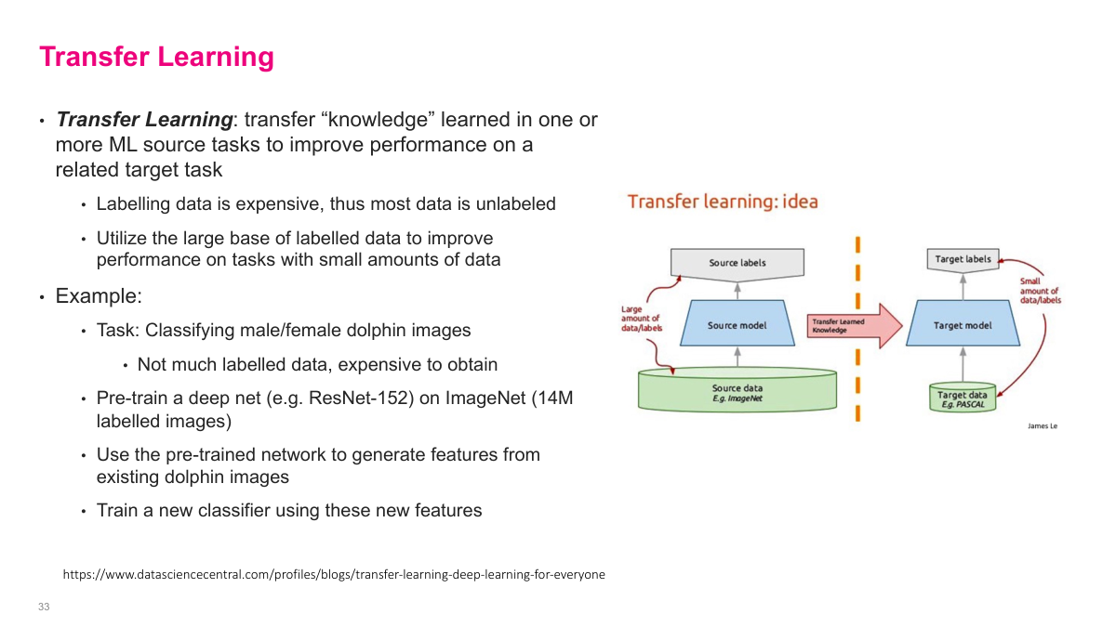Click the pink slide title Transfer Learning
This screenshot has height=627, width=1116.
(156, 57)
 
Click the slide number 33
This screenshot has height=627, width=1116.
(44, 607)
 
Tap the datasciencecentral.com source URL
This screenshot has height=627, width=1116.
(334, 574)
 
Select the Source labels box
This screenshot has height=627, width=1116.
(737, 263)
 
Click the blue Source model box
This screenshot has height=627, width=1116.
(737, 325)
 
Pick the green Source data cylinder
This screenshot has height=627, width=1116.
(737, 391)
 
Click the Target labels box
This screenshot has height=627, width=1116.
(963, 259)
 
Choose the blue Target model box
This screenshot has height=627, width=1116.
(963, 325)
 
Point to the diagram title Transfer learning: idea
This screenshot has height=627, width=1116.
(723, 202)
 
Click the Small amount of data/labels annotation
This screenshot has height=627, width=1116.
(1039, 291)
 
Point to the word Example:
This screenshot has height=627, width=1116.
(99, 296)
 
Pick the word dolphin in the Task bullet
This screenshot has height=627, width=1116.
(392, 330)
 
